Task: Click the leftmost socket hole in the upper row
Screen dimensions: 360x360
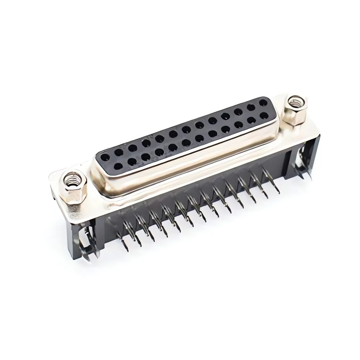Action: tap(105, 157)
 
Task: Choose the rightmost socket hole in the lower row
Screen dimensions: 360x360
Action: tap(264, 115)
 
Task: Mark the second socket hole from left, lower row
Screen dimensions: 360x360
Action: tap(131, 161)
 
